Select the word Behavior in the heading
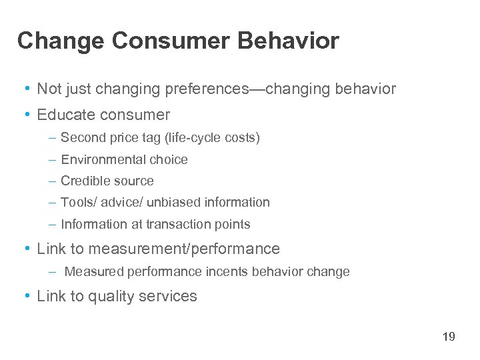[x=288, y=41]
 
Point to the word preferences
[x=210, y=89]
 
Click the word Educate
[x=66, y=115]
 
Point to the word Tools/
[x=77, y=202]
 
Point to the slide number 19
[x=449, y=337]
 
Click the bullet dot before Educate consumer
[x=25, y=115]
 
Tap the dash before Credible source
[x=53, y=181]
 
